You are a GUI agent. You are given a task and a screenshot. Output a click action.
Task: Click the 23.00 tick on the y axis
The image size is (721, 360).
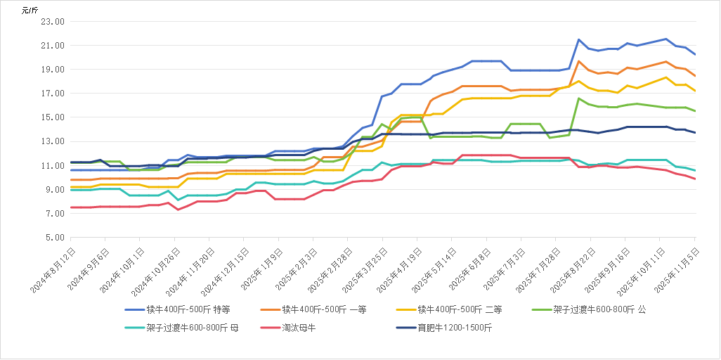pos(53,22)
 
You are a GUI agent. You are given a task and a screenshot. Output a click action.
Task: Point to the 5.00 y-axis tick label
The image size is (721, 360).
pos(55,238)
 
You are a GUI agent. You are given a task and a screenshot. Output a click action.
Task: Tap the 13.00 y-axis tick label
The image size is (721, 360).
pos(53,141)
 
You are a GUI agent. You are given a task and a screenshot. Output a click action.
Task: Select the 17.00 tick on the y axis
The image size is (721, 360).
pos(53,94)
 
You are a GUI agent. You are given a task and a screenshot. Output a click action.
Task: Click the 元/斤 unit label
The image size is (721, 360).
pos(30,10)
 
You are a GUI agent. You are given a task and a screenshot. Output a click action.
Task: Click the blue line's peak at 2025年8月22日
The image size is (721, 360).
pos(578,39)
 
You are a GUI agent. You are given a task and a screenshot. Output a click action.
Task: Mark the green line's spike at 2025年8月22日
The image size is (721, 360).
pos(578,98)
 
